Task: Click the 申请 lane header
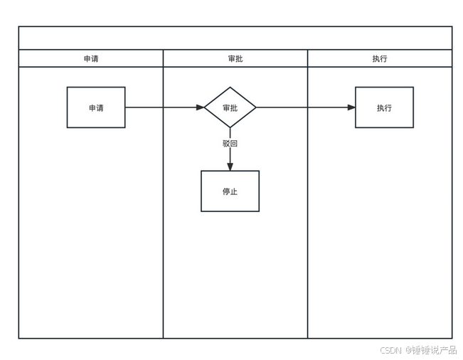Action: click(90, 58)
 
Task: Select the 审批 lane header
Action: click(235, 58)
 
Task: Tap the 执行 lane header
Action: click(379, 58)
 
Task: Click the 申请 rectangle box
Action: click(96, 107)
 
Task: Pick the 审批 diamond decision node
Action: click(230, 107)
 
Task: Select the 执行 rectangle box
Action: click(384, 107)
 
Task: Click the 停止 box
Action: click(230, 191)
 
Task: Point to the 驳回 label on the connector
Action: click(230, 143)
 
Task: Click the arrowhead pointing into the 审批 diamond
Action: click(200, 107)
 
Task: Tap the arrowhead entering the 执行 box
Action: click(351, 107)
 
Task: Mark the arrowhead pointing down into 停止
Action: click(230, 166)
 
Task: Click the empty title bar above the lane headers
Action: click(235, 38)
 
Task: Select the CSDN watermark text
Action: click(390, 350)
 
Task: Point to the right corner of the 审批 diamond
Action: click(255, 107)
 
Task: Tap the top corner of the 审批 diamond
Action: click(230, 88)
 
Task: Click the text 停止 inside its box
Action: click(230, 191)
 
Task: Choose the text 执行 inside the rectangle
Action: click(384, 108)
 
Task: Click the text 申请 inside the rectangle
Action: click(96, 108)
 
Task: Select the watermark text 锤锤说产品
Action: click(435, 350)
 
